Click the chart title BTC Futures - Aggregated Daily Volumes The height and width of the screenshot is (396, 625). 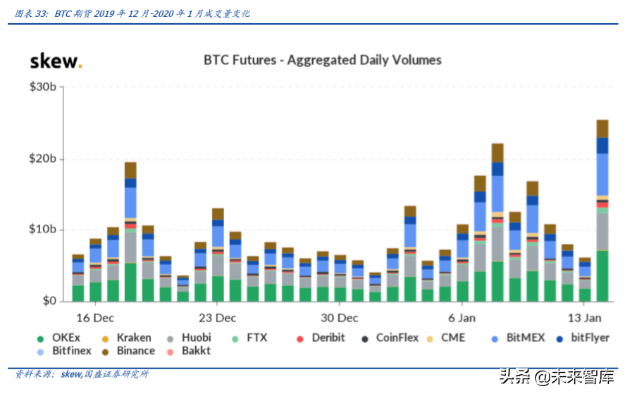click(x=323, y=60)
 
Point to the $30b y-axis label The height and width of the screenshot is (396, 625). click(x=43, y=87)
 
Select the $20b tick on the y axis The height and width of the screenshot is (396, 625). click(x=43, y=159)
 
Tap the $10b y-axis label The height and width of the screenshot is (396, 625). click(x=43, y=230)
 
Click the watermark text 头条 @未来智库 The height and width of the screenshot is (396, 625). click(x=557, y=377)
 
